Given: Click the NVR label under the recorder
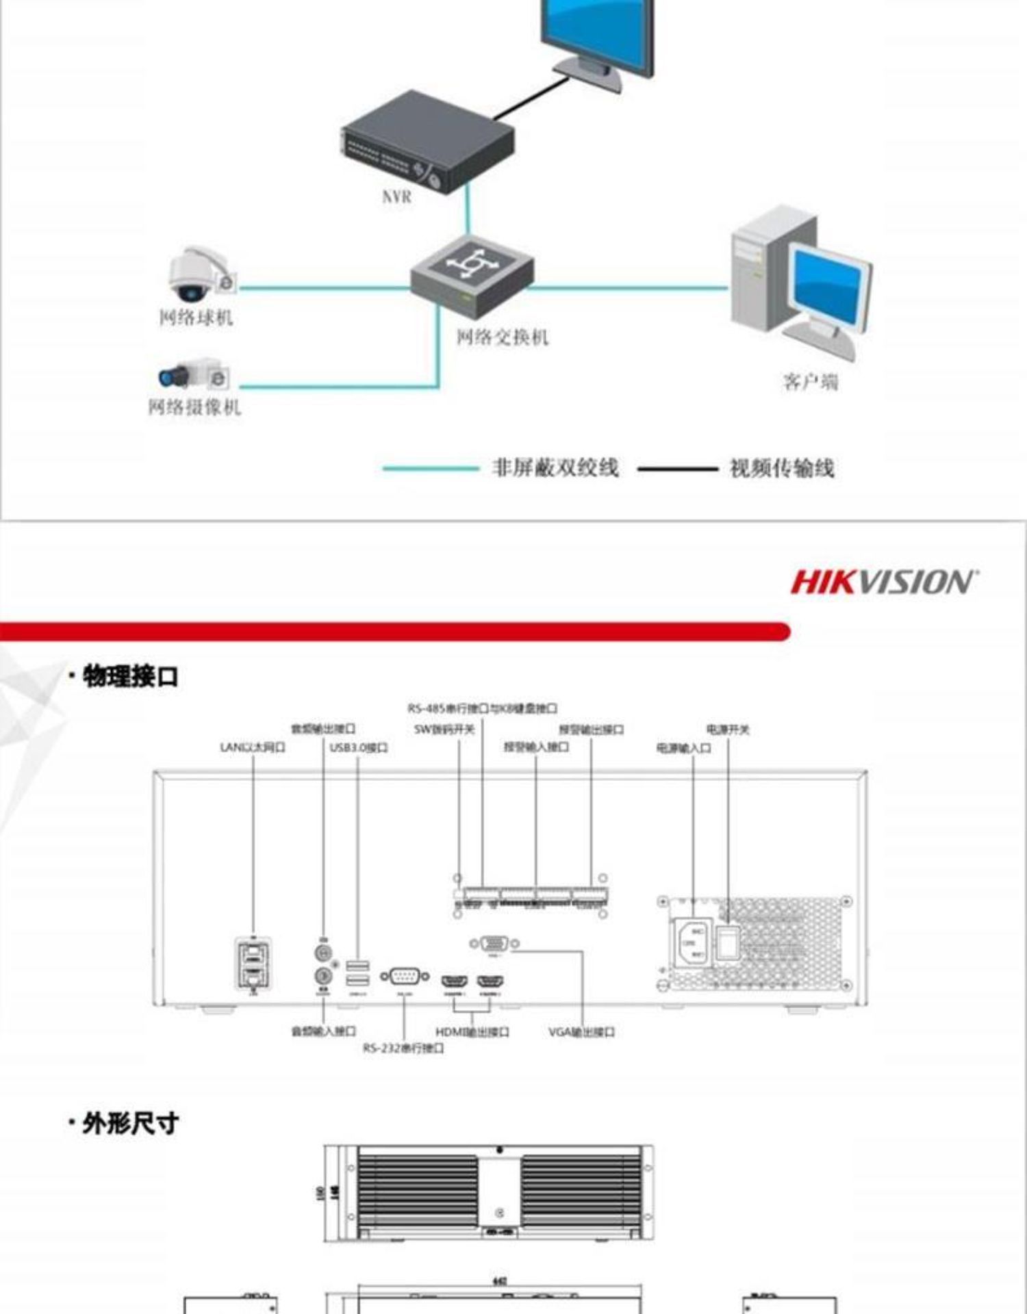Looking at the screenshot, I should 396,197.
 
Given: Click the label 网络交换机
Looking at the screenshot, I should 503,337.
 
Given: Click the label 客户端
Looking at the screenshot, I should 811,382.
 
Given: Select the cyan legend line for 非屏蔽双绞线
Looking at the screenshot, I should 430,469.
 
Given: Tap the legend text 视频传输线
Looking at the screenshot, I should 782,469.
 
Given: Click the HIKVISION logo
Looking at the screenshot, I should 884,582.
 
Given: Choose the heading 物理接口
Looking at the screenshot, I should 130,677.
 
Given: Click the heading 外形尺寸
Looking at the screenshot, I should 130,1123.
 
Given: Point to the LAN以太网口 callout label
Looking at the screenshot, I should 252,747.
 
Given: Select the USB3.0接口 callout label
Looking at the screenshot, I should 358,747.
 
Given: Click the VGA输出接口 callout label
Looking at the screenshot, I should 581,1031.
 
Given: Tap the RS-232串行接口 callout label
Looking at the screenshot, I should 403,1048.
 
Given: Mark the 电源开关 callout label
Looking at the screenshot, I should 728,730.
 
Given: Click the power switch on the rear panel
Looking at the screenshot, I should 727,944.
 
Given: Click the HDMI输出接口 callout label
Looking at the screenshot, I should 472,1031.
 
